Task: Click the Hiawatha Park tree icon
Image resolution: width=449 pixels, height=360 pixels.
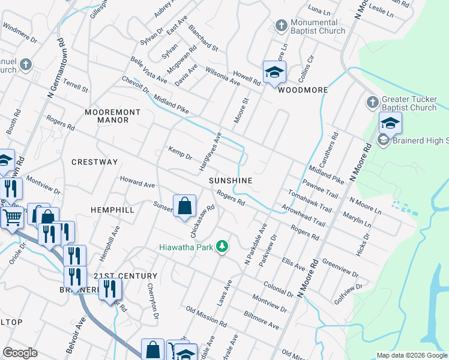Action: [x=223, y=247]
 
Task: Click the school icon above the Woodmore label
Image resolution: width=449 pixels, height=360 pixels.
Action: [x=274, y=73]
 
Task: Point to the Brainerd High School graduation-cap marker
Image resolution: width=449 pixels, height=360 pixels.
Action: [x=390, y=124]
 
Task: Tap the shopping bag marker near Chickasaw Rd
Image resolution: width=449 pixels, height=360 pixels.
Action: [x=185, y=206]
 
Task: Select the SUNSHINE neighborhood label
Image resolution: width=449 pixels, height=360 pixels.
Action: [x=231, y=180]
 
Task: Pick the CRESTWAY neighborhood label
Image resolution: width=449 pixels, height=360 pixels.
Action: [x=94, y=162]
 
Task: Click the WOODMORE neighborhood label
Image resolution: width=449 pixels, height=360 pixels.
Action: [x=303, y=90]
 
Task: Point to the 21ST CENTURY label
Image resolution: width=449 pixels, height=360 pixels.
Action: [x=125, y=275]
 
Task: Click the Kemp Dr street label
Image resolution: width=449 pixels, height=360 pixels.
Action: [x=180, y=153]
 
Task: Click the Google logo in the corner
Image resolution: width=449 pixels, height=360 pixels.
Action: [x=20, y=353]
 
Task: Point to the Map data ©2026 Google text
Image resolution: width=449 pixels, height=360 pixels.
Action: [x=411, y=355]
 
